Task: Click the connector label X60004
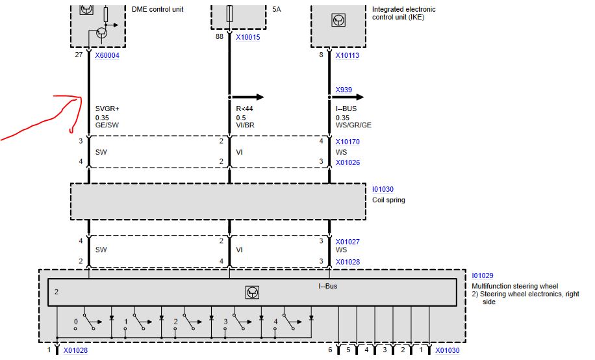(x=107, y=56)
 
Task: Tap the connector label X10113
(x=347, y=56)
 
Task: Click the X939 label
(x=344, y=90)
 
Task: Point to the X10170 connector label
(x=348, y=142)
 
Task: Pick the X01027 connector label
(x=348, y=242)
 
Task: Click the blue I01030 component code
(x=383, y=190)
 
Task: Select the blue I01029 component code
(x=483, y=276)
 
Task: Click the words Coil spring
(x=388, y=200)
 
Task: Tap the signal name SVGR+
(x=107, y=109)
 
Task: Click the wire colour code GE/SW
(x=107, y=125)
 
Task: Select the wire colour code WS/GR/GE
(x=354, y=125)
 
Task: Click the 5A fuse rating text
(x=276, y=10)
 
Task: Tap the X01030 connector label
(x=447, y=351)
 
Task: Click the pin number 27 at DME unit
(x=79, y=56)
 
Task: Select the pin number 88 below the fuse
(x=220, y=38)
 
